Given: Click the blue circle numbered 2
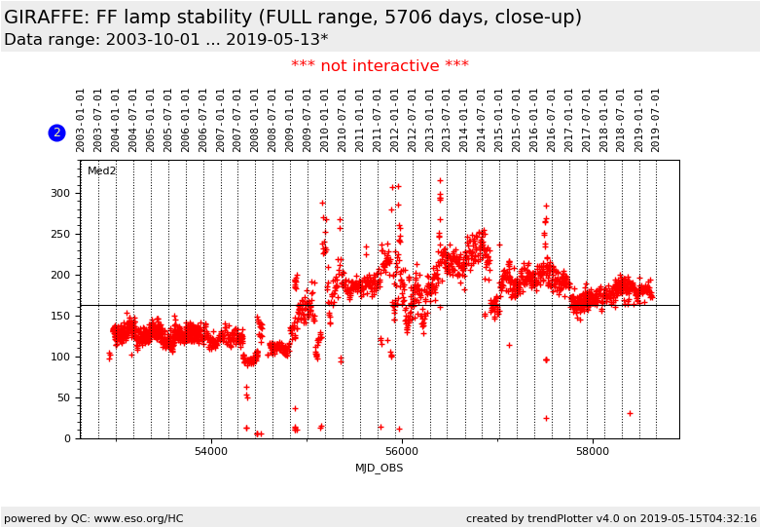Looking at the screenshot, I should point(56,132).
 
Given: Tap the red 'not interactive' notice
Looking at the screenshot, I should point(380,66).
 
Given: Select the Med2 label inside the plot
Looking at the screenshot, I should point(102,171).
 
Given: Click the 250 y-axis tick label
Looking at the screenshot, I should point(61,234).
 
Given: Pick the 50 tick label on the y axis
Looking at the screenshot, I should point(64,397).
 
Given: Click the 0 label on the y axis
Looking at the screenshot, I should point(68,438).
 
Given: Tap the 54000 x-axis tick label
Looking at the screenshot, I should point(211,452).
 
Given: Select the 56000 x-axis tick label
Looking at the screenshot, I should point(402,452).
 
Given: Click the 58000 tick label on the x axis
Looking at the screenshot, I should point(593,452).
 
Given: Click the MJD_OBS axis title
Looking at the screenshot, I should point(380,469).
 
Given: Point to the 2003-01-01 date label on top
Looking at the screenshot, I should point(81,120).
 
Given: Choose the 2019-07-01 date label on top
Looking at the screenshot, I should point(656,120).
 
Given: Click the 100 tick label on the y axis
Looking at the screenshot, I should point(61,357).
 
